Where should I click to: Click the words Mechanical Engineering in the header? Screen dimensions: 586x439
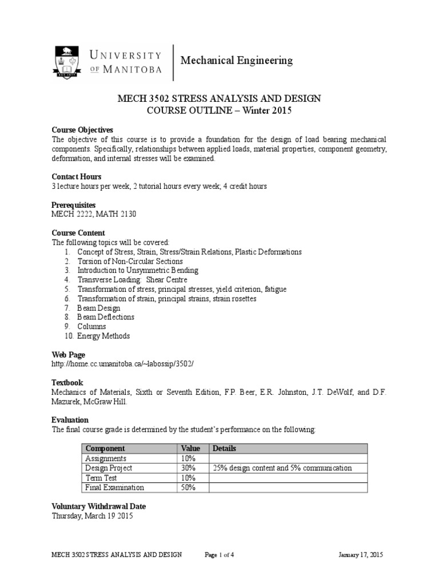pos(236,60)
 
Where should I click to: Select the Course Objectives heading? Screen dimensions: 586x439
pos(82,130)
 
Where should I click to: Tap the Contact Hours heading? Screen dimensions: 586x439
pos(77,177)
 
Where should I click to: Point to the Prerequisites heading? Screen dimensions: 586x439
pos(74,205)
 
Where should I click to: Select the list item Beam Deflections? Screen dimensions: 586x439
pos(106,317)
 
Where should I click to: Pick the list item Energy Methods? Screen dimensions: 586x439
pos(103,336)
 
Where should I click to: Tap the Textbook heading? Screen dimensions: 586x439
pos(67,382)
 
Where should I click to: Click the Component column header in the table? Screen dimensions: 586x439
pos(105,449)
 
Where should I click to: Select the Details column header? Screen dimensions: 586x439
pos(224,449)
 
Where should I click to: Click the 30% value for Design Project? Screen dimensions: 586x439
pos(189,468)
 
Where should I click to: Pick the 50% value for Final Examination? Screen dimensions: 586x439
pos(189,488)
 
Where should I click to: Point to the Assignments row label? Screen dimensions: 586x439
pos(106,458)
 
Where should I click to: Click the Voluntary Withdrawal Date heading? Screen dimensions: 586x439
pos(98,506)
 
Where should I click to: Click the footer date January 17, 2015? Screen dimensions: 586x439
pos(361,555)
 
